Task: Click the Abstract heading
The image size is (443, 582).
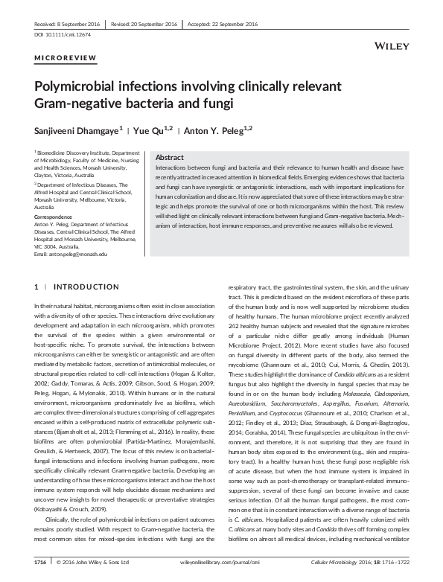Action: click(170, 158)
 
